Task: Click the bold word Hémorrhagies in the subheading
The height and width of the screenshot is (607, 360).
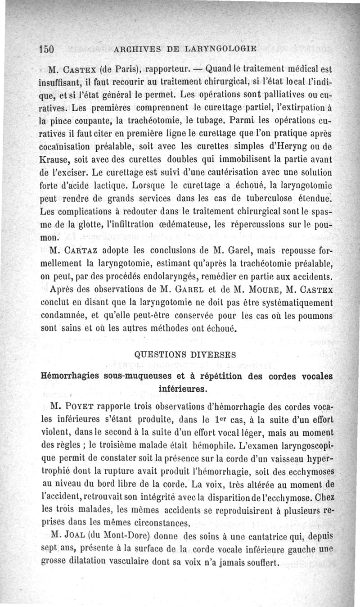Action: (x=71, y=376)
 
